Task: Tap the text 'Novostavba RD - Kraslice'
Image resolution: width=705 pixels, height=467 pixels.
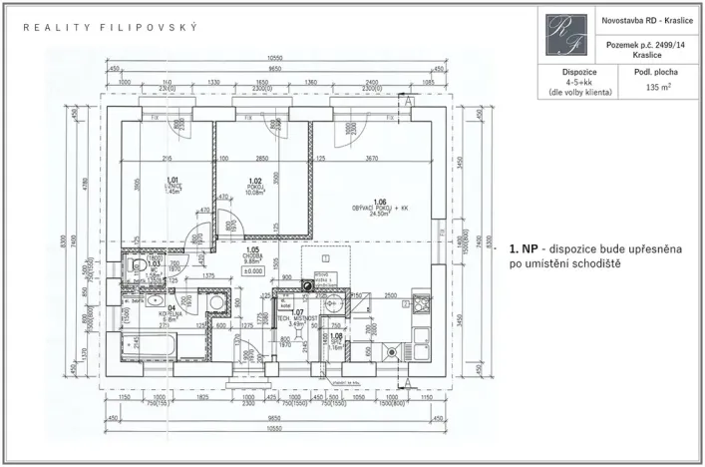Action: pyautogui.click(x=649, y=21)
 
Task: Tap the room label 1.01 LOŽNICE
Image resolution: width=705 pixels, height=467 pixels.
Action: pyautogui.click(x=171, y=186)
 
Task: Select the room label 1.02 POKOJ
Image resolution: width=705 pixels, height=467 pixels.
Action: pyautogui.click(x=254, y=186)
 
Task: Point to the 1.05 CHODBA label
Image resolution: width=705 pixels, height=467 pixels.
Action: pyautogui.click(x=253, y=256)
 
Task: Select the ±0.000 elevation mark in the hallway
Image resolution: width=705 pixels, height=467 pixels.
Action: pyautogui.click(x=253, y=270)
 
